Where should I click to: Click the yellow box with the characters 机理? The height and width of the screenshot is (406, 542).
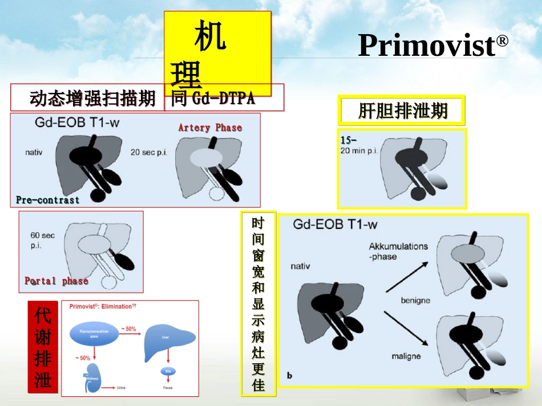pyautogui.click(x=217, y=54)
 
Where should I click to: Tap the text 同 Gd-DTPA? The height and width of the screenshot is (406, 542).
pyautogui.click(x=213, y=99)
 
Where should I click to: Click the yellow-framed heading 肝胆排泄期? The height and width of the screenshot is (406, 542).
pyautogui.click(x=402, y=110)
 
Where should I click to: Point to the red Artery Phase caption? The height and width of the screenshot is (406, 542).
pyautogui.click(x=210, y=128)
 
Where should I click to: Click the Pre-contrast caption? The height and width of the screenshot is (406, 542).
pyautogui.click(x=48, y=200)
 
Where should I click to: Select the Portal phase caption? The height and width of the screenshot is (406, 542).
pyautogui.click(x=56, y=281)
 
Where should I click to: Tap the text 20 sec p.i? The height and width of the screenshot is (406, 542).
pyautogui.click(x=149, y=153)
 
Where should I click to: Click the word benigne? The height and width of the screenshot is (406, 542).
pyautogui.click(x=415, y=300)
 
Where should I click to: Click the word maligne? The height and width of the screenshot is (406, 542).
pyautogui.click(x=406, y=356)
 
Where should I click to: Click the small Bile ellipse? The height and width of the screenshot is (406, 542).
pyautogui.click(x=167, y=372)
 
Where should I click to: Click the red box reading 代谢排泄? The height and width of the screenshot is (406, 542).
pyautogui.click(x=43, y=347)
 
